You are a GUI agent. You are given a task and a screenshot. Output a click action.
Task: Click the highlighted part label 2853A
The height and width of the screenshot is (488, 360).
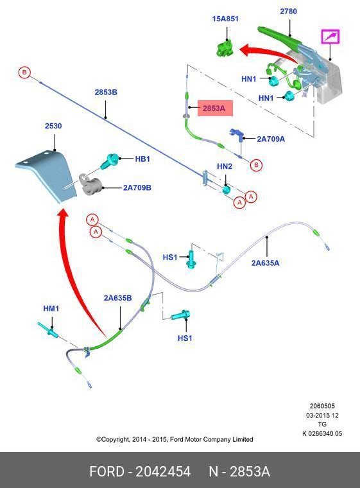[x=214, y=109]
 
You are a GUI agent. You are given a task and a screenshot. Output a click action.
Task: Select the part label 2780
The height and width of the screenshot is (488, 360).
[x=288, y=11]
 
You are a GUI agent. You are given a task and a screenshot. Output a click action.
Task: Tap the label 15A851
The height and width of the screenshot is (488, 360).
[x=225, y=19]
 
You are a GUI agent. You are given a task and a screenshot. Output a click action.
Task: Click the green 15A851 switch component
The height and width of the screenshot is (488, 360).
[x=225, y=49]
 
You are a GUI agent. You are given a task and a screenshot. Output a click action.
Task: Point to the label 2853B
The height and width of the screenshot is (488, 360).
[x=106, y=92]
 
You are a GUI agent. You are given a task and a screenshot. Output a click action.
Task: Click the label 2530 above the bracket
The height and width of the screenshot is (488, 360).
[x=53, y=126]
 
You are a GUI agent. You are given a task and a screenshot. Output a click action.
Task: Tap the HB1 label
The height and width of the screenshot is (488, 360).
[x=142, y=159]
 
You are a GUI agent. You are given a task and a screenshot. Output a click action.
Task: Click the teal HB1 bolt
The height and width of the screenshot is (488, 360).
[x=110, y=161]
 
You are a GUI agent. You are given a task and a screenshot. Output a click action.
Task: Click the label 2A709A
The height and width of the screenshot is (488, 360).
[x=271, y=139]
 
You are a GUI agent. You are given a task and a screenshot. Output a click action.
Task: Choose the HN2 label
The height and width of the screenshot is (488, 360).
[x=225, y=166]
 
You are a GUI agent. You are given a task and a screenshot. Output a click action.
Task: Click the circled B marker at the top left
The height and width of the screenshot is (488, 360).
[x=24, y=73]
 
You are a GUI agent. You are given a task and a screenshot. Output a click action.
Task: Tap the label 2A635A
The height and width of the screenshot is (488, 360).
[x=266, y=263]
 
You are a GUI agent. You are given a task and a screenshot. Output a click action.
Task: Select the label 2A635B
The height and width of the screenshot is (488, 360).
[x=117, y=298]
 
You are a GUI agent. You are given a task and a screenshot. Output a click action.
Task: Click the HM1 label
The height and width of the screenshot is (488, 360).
[x=51, y=308]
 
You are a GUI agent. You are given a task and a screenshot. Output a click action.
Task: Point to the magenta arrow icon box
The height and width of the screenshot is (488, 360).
[x=330, y=37]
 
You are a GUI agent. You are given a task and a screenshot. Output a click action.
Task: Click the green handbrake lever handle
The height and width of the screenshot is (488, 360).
[x=280, y=36]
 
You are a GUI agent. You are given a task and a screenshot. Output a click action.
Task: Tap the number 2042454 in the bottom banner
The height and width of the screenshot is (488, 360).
[x=163, y=471]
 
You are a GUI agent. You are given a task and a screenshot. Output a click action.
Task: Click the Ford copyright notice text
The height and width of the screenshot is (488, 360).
[x=175, y=439]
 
